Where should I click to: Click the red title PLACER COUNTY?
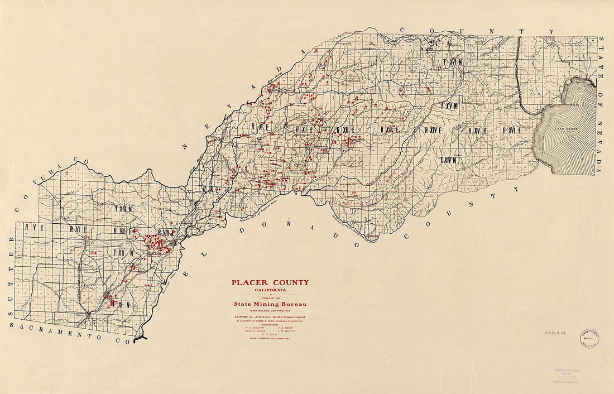click(270, 282)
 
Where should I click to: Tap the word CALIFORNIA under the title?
click(270, 290)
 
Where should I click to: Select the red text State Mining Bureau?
click(270, 304)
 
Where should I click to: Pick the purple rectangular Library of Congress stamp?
click(564, 374)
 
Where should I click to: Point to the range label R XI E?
click(304, 129)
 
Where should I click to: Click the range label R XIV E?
click(433, 130)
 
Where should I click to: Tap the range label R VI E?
click(79, 229)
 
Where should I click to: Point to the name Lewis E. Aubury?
click(270, 316)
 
